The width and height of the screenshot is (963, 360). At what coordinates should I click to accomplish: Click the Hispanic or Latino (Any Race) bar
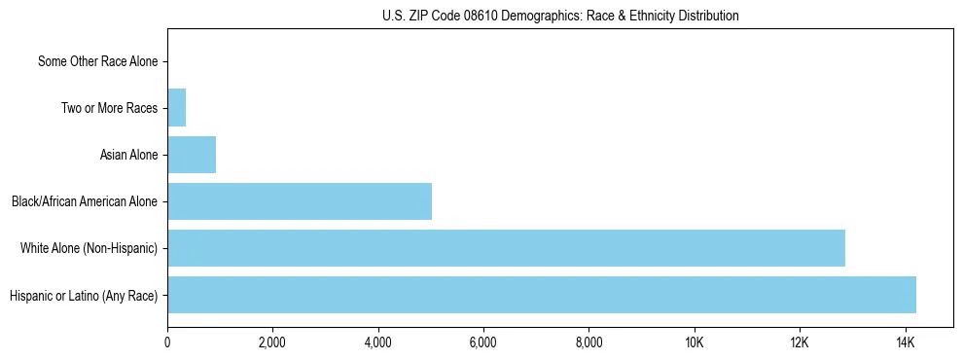542,295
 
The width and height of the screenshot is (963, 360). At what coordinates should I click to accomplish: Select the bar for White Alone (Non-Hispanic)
506,248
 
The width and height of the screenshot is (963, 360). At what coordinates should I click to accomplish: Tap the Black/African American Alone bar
300,201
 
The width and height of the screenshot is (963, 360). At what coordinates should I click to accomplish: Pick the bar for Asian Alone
192,155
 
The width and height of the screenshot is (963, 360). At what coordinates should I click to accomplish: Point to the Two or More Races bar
177,108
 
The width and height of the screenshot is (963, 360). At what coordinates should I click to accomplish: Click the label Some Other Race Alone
97,61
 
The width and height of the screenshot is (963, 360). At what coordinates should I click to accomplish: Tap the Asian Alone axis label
128,155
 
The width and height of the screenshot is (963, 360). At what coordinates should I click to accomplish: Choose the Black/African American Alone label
85,201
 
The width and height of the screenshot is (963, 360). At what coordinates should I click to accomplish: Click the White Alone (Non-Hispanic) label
89,248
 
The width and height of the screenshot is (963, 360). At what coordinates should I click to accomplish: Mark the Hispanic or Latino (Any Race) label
84,295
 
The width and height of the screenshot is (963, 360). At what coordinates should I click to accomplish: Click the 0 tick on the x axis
167,342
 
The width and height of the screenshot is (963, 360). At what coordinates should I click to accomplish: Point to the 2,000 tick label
272,342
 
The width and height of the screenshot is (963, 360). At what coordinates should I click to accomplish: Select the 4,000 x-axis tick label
378,342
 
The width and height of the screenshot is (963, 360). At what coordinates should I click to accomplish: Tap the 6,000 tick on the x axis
483,342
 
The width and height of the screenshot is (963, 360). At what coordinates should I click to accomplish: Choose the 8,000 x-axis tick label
588,342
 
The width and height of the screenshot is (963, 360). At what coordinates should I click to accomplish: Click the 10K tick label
695,342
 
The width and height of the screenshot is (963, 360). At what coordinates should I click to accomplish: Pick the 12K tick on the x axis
800,342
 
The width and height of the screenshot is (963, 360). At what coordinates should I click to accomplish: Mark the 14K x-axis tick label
905,342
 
